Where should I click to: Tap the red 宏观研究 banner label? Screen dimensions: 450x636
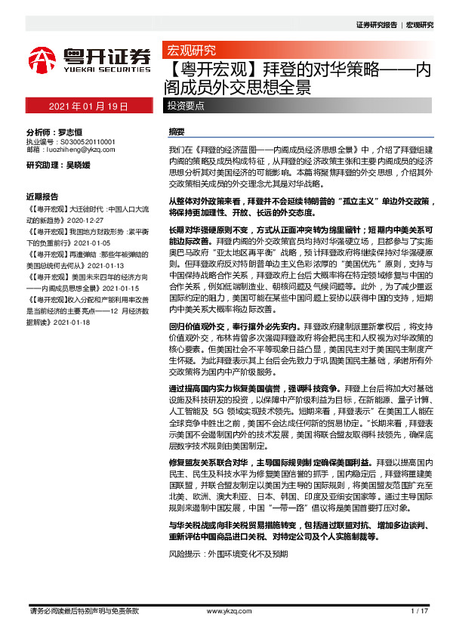(x=191, y=51)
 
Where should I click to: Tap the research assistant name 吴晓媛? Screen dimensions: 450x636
(x=82, y=165)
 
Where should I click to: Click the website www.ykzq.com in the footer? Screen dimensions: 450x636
(x=225, y=610)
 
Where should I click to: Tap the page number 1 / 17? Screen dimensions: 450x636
(x=420, y=610)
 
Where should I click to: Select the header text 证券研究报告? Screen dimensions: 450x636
(x=375, y=24)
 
